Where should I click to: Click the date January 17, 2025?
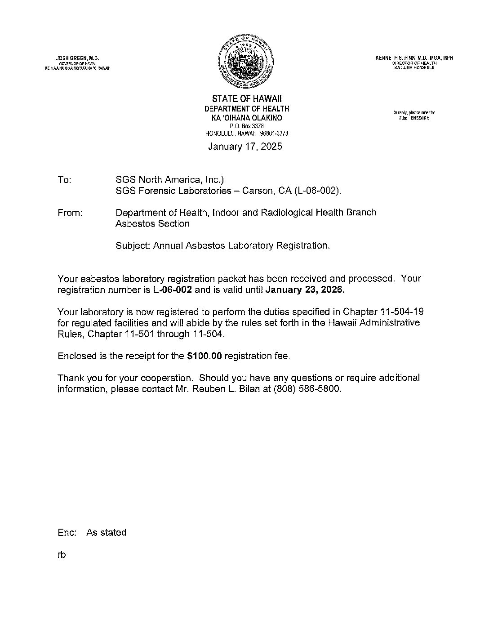coord(245,147)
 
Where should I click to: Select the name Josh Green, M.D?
coord(77,58)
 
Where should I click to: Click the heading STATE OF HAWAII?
coord(247,99)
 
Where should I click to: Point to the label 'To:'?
coord(64,180)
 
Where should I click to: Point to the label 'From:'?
coord(70,213)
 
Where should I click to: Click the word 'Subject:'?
coord(133,245)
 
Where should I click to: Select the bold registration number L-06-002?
coord(173,290)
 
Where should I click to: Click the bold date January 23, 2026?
coord(306,290)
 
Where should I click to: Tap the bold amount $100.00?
coord(204,356)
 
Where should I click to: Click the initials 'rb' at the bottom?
coord(62,555)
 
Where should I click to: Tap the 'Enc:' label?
coord(67,533)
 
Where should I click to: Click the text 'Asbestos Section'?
coord(152,223)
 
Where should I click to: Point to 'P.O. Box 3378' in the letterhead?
coord(246,126)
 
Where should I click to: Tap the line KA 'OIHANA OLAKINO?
coord(247,118)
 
